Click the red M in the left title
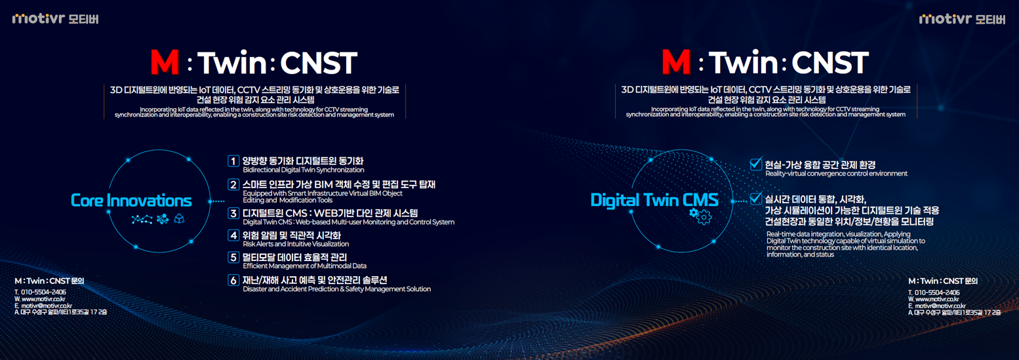coord(165,62)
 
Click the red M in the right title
coord(676,62)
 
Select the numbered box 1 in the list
coord(233,161)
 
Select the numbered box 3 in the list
coord(233,213)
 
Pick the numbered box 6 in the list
coord(233,281)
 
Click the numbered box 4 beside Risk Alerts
coord(233,235)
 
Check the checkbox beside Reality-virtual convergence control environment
coord(755,164)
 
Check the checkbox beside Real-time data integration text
coord(755,199)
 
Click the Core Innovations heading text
coord(131,201)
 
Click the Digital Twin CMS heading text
coord(654,200)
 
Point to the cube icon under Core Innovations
coord(179,219)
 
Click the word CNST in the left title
coord(319,63)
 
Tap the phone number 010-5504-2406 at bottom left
coord(43,292)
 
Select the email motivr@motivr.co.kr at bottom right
coord(940,306)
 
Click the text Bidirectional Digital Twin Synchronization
coord(304,170)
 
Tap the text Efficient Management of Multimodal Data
coord(304,266)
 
